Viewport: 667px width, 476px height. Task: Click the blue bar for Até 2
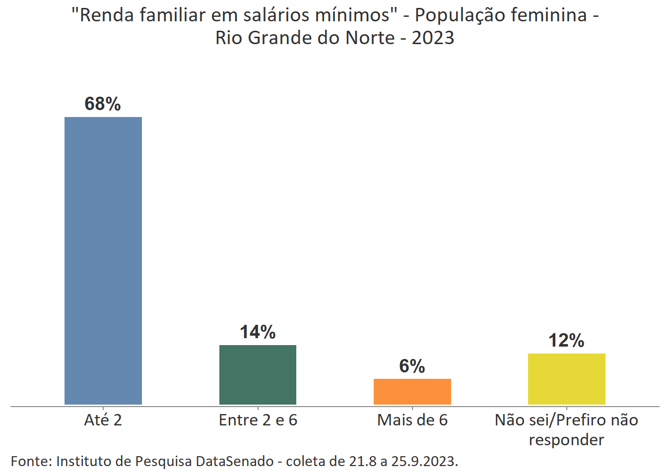(x=103, y=260)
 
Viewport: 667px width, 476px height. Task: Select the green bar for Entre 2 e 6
(x=258, y=374)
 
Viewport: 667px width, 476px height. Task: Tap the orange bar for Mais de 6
(x=412, y=391)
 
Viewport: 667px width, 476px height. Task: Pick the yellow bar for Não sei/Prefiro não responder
(x=566, y=379)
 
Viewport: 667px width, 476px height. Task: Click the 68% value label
(x=103, y=104)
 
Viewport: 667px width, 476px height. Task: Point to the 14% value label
(x=258, y=332)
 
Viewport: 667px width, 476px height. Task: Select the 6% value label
(x=412, y=366)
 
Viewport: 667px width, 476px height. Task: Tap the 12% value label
(x=566, y=341)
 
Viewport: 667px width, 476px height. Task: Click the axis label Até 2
(x=103, y=420)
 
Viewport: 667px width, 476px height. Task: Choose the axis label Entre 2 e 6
(x=258, y=420)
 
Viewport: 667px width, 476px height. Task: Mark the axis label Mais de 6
(x=412, y=420)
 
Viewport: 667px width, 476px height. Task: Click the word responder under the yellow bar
(x=566, y=440)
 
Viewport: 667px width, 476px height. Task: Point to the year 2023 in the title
(x=433, y=38)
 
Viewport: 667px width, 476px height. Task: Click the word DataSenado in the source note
(x=234, y=461)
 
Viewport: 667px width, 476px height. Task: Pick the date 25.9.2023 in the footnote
(x=424, y=461)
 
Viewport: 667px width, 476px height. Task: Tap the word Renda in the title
(x=107, y=15)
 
